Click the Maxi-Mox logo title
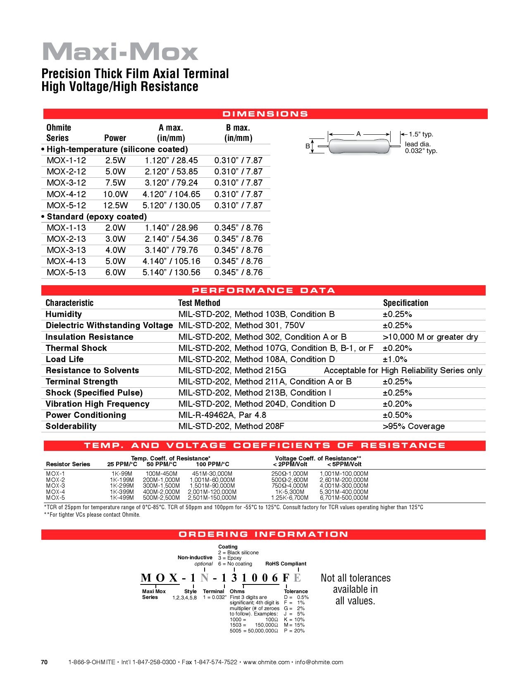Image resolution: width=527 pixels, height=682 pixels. pos(120,52)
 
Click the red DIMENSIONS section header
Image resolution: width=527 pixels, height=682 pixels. pos(265,114)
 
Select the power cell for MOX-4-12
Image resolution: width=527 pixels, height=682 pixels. pos(115,194)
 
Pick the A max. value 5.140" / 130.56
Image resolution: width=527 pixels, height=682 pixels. pos(171,272)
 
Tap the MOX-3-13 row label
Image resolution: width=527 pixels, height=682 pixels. pos(66,250)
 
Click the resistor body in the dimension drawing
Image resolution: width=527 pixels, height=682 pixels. pos(359,146)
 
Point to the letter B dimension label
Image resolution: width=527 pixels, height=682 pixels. pos(308,146)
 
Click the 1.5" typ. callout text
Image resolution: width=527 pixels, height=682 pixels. pos(421,134)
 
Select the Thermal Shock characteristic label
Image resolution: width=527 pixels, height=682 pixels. pos(76,348)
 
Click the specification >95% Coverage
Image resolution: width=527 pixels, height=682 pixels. pos(414,426)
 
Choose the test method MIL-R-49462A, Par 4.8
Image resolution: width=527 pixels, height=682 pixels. pos(222,415)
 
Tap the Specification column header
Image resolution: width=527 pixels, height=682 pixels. pos(405,303)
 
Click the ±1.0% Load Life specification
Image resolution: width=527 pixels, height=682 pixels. pos(395,359)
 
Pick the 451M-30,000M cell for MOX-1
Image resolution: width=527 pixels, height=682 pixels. pos(212,474)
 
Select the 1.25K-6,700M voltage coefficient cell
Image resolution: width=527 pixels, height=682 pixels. pos(289,498)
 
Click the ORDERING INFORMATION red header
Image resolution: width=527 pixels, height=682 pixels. pos(263,534)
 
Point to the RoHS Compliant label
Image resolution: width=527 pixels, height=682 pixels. pos(286,564)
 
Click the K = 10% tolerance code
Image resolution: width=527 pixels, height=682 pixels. pos(294,620)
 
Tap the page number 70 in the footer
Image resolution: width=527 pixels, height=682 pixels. pos(44,662)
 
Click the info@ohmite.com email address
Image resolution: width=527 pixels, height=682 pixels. pos(319,662)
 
